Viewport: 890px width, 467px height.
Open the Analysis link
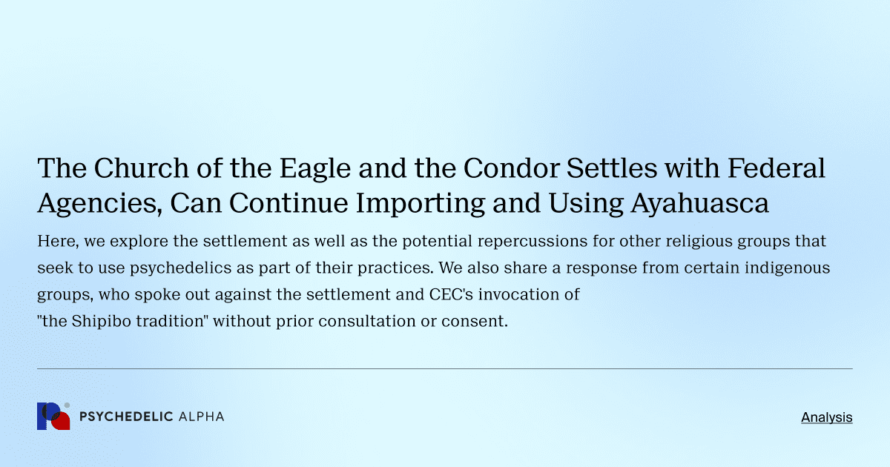point(826,417)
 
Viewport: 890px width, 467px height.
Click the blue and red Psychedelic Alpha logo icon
point(53,417)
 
